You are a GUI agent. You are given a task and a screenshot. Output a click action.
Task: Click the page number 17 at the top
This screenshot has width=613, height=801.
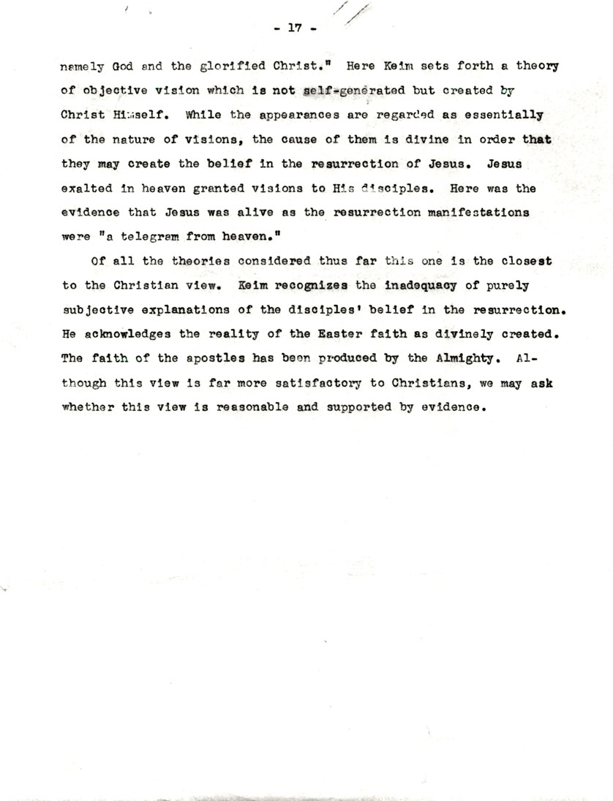pos(295,29)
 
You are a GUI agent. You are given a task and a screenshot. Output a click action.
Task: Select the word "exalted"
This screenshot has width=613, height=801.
pos(87,188)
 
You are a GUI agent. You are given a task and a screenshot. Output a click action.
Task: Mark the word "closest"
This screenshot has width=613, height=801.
pos(526,261)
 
